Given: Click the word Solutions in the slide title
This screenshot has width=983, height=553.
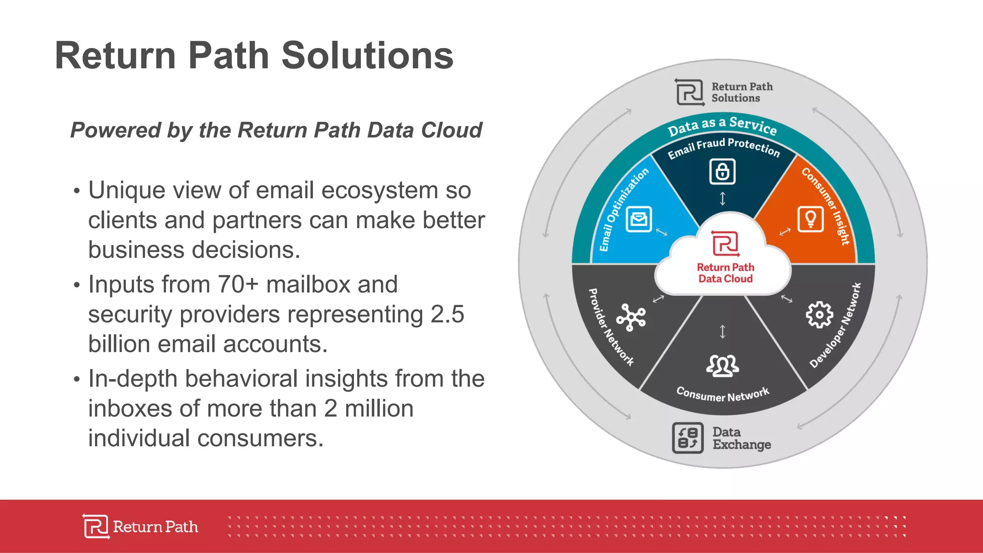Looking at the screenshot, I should (367, 56).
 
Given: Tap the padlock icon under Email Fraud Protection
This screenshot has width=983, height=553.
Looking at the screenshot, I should (722, 171).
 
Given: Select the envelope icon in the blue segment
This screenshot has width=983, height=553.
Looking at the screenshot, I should (639, 219).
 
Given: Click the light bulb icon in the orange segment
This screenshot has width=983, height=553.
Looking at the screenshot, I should (810, 219).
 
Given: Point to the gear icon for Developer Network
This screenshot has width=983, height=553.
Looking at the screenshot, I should (819, 315).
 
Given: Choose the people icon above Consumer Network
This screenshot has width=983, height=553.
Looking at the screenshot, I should (722, 366).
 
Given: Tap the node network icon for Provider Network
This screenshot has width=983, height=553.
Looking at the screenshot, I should (631, 317).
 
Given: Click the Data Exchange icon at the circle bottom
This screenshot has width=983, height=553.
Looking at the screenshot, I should (687, 438).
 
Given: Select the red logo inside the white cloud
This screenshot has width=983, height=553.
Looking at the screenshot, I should (725, 243).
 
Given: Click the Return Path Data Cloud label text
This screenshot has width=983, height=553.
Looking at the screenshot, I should (725, 273).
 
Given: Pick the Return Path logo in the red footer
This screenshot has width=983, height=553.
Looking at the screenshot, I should (140, 527).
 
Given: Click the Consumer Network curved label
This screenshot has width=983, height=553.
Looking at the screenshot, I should (722, 395).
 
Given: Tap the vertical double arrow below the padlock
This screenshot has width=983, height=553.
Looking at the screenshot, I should (722, 198).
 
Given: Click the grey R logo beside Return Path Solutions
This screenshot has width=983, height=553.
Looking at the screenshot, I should (689, 92).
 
